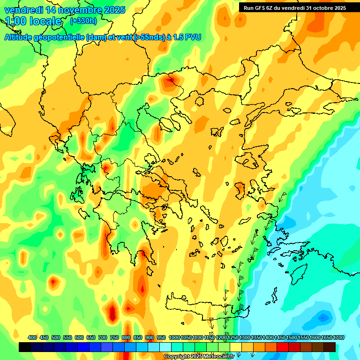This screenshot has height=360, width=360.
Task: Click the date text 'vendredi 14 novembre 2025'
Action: click(x=65, y=10)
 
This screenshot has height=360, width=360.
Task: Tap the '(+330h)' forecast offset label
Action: click(x=83, y=21)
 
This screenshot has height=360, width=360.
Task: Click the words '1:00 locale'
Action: click(x=34, y=21)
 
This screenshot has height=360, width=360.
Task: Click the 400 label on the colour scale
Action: click(x=32, y=337)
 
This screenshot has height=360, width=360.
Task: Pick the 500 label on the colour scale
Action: click(x=56, y=337)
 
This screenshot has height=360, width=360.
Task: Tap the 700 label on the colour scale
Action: click(x=103, y=337)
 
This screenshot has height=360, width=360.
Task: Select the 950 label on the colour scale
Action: click(x=161, y=337)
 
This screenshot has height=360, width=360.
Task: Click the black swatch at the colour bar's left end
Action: click(x=25, y=347)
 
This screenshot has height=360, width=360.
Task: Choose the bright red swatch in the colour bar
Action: click(x=283, y=347)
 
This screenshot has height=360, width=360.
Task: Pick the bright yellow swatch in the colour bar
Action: click(x=236, y=347)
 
